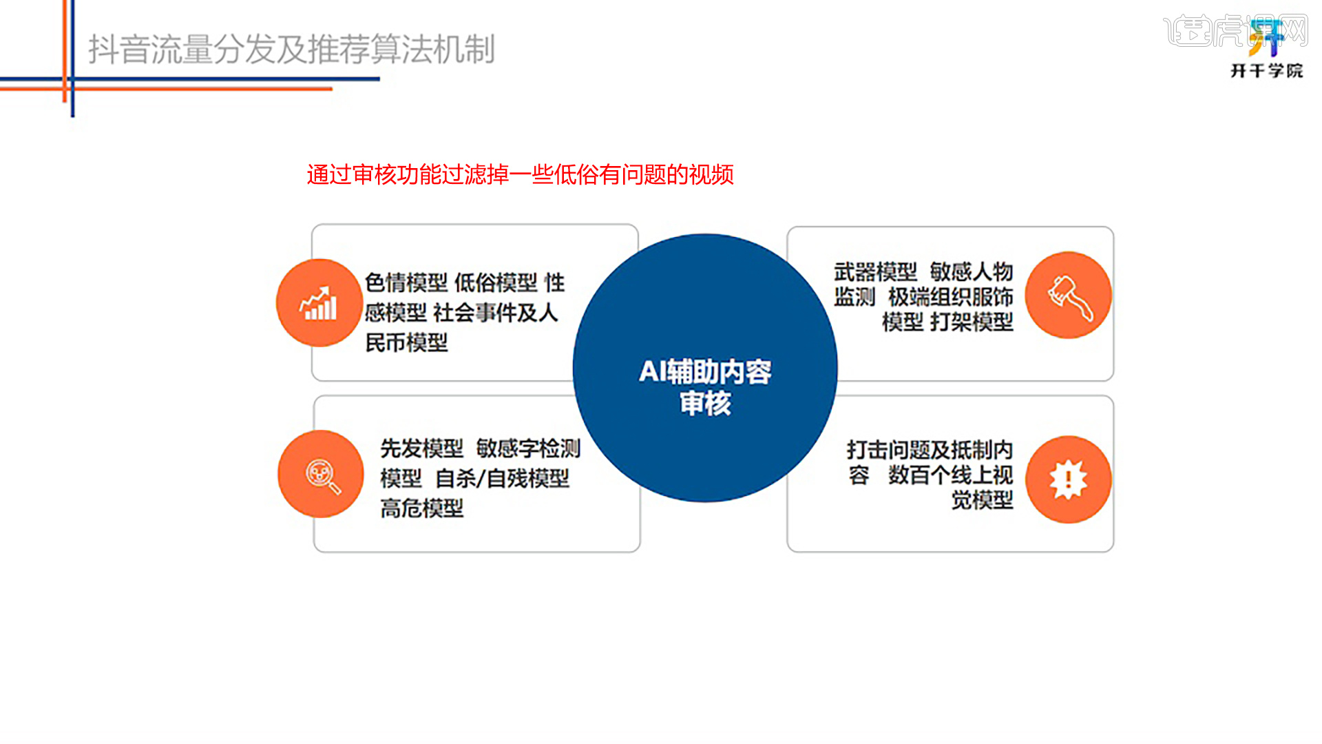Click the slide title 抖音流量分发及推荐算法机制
point(292,50)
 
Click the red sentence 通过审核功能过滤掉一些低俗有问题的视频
point(521,175)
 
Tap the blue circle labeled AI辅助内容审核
point(705,368)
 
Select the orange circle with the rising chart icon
point(319,302)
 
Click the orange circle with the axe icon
point(1069,295)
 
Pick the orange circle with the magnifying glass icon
point(321,474)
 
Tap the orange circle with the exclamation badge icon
point(1069,479)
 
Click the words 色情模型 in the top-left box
point(406,282)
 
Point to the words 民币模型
point(406,342)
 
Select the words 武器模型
point(876,272)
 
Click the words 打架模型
point(972,322)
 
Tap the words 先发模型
point(422,448)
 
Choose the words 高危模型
point(422,508)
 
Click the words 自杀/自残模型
point(503,478)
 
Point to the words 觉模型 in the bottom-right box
point(983,499)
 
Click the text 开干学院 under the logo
point(1267,71)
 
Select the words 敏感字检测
point(529,448)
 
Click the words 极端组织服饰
point(951,297)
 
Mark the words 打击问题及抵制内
point(930,450)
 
